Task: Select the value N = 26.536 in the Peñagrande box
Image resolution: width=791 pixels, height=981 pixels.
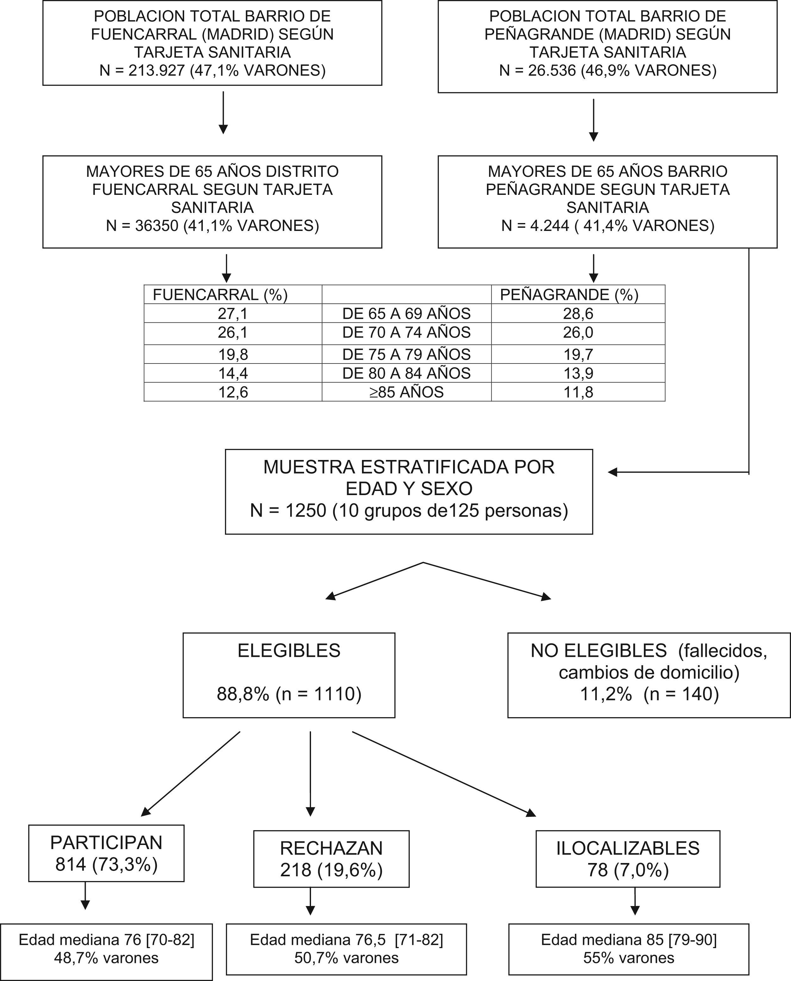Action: pyautogui.click(x=538, y=71)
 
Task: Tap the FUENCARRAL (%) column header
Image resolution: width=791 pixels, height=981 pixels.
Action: pyautogui.click(x=220, y=295)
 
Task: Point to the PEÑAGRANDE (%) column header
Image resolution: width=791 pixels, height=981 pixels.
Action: pyautogui.click(x=569, y=295)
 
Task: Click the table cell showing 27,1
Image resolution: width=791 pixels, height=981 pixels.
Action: pyautogui.click(x=233, y=314)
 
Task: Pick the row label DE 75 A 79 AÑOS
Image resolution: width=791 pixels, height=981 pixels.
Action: pyautogui.click(x=407, y=354)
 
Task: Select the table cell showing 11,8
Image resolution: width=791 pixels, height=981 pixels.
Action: pyautogui.click(x=578, y=392)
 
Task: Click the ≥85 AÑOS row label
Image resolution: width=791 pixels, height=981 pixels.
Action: pyautogui.click(x=407, y=392)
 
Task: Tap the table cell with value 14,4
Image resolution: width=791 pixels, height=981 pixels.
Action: pyautogui.click(x=233, y=373)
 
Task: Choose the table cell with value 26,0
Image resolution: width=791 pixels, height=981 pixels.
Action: pyautogui.click(x=578, y=332)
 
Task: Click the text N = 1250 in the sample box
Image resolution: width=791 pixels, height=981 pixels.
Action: pyautogui.click(x=288, y=510)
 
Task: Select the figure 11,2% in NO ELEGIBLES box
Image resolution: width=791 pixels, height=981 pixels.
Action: pyautogui.click(x=606, y=694)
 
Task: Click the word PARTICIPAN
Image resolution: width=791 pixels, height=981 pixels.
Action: pyautogui.click(x=106, y=842)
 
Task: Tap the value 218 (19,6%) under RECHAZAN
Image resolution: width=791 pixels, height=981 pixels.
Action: pyautogui.click(x=331, y=870)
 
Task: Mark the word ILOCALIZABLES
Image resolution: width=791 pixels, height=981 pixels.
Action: pyautogui.click(x=628, y=848)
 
